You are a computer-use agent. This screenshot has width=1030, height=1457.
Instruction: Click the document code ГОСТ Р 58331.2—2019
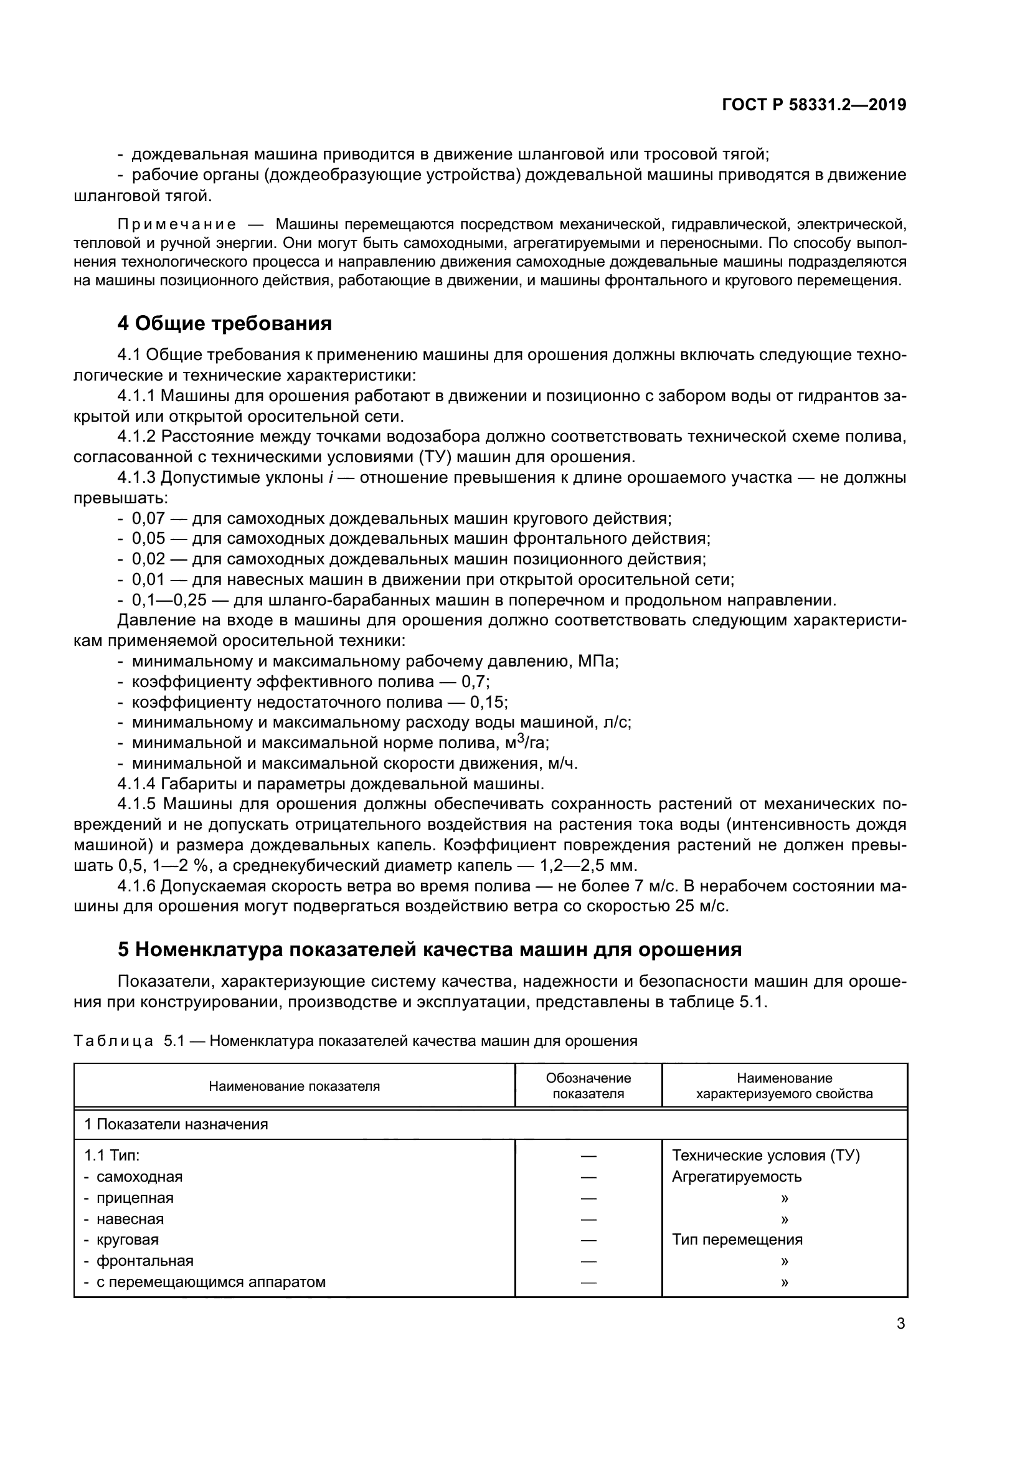[814, 105]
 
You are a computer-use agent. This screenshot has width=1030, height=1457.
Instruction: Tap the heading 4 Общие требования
[225, 324]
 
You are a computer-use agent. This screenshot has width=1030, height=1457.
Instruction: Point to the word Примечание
[177, 225]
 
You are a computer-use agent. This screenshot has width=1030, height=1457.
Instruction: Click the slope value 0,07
[148, 518]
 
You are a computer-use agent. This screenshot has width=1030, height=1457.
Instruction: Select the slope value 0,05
[148, 539]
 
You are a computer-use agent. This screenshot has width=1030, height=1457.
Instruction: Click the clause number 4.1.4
[136, 784]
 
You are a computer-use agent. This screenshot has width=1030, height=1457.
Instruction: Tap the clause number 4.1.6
[136, 886]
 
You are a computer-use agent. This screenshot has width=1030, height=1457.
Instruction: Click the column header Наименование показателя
[295, 1086]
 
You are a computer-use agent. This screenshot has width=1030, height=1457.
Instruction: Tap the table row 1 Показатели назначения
[176, 1124]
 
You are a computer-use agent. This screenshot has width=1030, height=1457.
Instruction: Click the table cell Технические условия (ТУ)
[765, 1156]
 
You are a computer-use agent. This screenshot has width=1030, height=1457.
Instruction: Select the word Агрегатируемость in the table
[736, 1177]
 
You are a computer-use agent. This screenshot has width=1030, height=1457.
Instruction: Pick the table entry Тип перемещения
[737, 1240]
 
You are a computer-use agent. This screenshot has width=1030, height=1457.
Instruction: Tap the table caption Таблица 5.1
[114, 1042]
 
